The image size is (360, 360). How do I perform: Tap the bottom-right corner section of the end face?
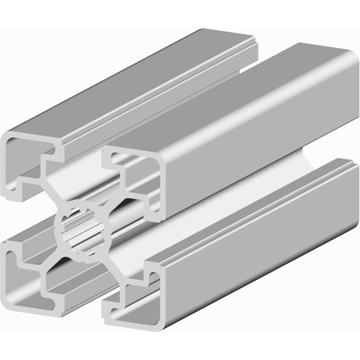pos(130,315)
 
